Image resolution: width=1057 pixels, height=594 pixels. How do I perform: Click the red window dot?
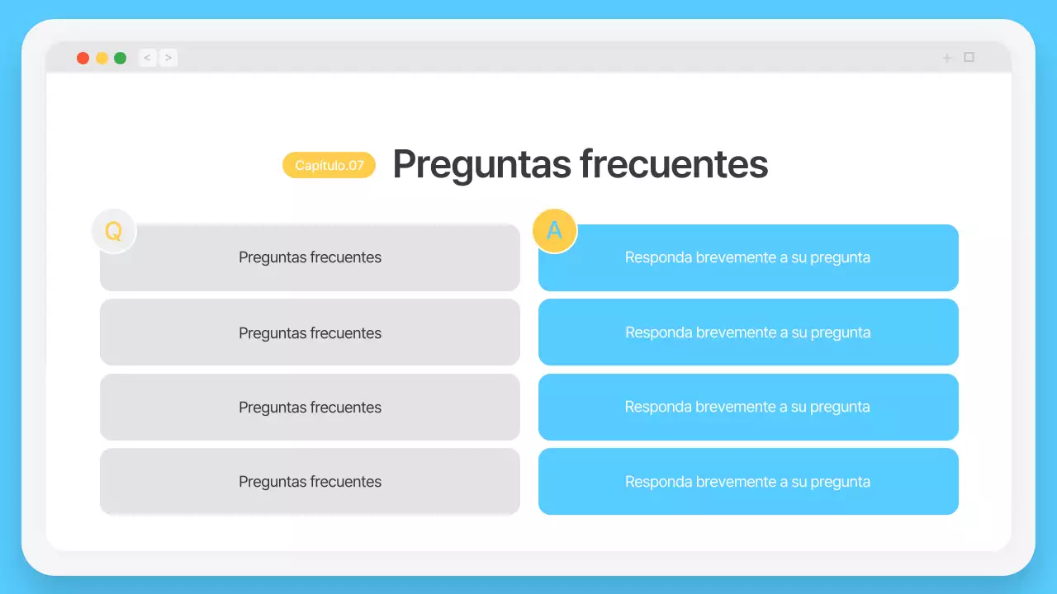[x=83, y=58]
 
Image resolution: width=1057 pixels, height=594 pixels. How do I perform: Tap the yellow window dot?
[x=102, y=58]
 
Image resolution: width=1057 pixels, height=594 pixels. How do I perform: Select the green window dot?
[x=121, y=58]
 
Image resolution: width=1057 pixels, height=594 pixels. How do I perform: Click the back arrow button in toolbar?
[x=148, y=58]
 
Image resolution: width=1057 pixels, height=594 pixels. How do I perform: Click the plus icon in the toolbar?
[x=947, y=58]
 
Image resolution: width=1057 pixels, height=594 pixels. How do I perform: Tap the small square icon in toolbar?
[x=969, y=57]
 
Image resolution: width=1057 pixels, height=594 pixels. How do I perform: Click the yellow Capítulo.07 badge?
[x=329, y=165]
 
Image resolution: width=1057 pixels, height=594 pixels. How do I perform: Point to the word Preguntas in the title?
[x=481, y=164]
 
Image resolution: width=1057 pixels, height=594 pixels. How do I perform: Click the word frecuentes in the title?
[x=674, y=164]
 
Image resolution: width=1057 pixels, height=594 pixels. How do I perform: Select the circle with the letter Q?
[x=114, y=231]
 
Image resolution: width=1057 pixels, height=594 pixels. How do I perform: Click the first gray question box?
[x=310, y=257]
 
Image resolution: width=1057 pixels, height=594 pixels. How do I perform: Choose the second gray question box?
[x=310, y=332]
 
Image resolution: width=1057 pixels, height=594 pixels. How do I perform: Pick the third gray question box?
[x=310, y=407]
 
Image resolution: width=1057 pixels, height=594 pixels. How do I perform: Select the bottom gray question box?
[x=310, y=482]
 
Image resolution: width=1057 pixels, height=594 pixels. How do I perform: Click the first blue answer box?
[x=748, y=257]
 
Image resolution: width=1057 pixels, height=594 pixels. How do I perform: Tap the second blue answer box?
[x=748, y=332]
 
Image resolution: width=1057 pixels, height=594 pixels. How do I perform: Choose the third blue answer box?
[x=748, y=407]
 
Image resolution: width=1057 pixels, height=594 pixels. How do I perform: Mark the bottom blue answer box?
[x=748, y=482]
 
